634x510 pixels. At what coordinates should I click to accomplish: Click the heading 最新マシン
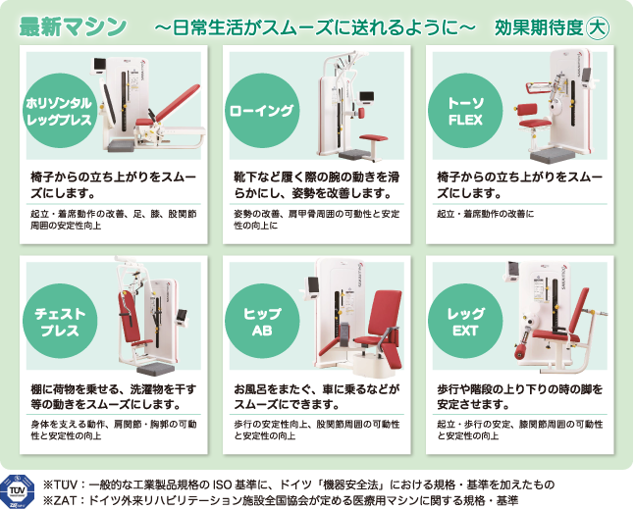click(73, 26)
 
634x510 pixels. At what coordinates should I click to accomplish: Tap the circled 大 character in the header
click(598, 27)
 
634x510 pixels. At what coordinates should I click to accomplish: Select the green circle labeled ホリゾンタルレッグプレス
click(60, 111)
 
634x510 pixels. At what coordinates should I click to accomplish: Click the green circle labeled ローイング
click(262, 111)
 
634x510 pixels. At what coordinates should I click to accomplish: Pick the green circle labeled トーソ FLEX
click(465, 111)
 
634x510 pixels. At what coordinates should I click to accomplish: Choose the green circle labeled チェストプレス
click(60, 322)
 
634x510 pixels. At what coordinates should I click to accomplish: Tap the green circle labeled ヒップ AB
click(262, 322)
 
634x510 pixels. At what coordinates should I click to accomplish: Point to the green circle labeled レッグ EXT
click(465, 322)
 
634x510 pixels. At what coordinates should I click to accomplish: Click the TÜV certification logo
click(18, 491)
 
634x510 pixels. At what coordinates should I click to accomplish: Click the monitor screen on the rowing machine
click(367, 97)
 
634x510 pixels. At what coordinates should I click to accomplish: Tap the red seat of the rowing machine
click(373, 138)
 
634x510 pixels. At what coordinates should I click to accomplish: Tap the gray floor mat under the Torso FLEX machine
click(553, 156)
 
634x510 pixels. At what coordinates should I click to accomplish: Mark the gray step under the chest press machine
click(156, 369)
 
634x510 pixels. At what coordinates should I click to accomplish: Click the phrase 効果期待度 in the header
click(539, 27)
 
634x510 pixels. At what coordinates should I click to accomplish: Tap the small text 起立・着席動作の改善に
click(485, 214)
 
